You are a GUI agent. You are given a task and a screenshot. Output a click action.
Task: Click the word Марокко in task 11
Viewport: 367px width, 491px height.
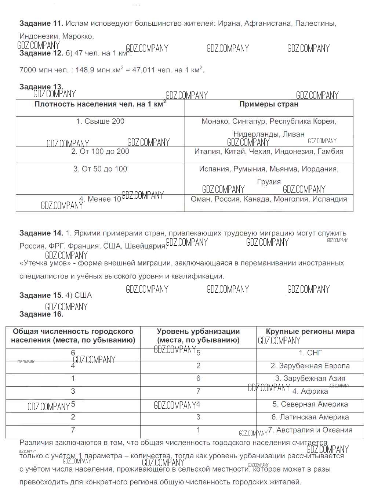click(77, 36)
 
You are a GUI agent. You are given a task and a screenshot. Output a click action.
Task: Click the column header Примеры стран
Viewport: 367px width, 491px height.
click(269, 104)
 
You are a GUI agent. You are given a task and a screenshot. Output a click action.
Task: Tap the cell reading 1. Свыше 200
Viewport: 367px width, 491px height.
click(100, 122)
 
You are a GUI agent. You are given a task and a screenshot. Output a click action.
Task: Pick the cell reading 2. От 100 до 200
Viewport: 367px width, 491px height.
click(100, 151)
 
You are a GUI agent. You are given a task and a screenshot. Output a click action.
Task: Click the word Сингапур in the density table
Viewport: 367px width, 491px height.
click(249, 122)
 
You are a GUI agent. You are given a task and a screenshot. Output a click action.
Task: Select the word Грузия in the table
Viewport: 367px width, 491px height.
click(269, 182)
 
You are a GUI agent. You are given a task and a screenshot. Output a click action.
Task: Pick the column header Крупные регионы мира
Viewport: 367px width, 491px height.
click(310, 332)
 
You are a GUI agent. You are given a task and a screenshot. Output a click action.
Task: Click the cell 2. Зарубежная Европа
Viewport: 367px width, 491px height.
click(310, 366)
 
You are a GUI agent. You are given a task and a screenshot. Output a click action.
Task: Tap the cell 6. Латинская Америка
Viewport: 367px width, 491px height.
click(310, 417)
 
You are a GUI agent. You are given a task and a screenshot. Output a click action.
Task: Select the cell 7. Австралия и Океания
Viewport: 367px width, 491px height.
click(310, 430)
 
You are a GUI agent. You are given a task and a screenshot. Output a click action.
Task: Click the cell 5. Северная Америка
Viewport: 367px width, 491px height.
click(310, 404)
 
